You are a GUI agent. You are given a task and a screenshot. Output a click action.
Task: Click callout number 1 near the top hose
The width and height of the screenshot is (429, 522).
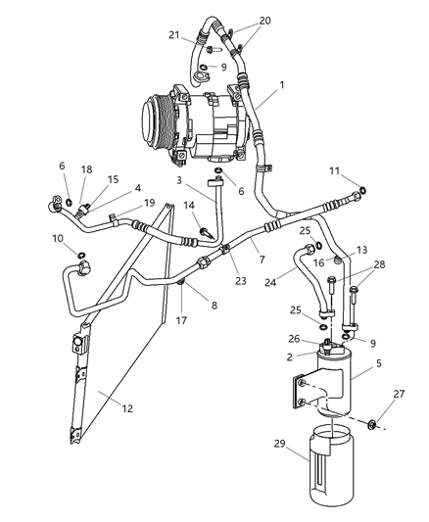click(282, 85)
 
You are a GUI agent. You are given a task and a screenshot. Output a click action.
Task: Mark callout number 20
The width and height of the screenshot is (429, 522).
click(238, 20)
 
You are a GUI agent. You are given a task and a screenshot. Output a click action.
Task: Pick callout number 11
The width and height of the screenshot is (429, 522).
click(335, 171)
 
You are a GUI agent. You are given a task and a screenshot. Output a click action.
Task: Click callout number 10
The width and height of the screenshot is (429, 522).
click(58, 238)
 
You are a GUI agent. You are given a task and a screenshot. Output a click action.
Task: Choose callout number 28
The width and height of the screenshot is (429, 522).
click(380, 265)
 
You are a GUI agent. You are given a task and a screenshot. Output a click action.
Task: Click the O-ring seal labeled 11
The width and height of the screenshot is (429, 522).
click(364, 190)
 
